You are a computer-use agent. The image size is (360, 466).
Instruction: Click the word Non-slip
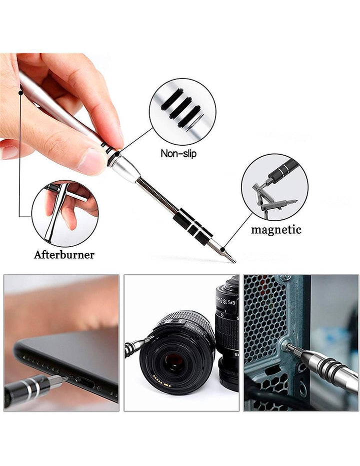[178, 153]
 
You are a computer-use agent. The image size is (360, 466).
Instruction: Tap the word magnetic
[276, 229]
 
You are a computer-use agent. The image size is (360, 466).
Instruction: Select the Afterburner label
[64, 255]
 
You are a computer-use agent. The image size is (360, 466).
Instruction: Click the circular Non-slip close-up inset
[182, 112]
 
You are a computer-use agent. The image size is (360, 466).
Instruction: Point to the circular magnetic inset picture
[274, 187]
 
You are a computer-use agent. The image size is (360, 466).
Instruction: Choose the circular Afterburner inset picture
[65, 213]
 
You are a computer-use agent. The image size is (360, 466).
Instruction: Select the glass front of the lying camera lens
[174, 362]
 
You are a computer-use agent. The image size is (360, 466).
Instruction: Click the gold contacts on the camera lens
[161, 381]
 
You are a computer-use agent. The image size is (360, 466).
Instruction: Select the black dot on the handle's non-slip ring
[118, 154]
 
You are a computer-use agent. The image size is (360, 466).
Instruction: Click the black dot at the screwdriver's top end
[20, 93]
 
